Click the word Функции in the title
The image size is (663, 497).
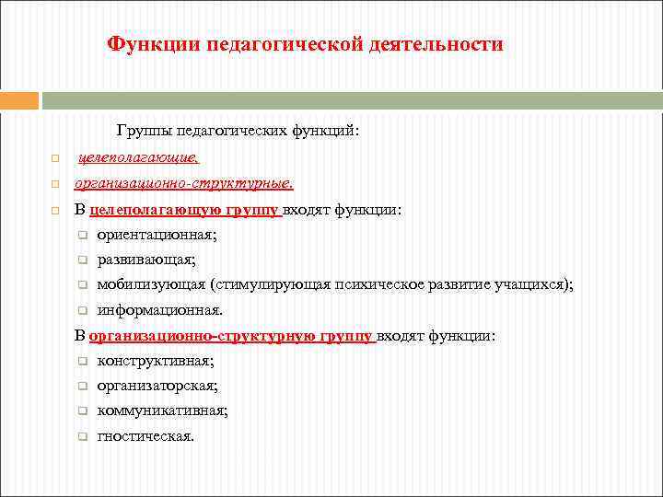click(x=153, y=44)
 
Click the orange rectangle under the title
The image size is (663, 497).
click(x=19, y=100)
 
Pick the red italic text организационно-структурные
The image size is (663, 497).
click(x=183, y=183)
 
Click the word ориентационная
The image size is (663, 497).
click(x=156, y=235)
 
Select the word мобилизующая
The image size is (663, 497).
click(x=150, y=285)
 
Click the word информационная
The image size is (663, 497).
click(x=158, y=310)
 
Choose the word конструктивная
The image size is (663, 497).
click(x=155, y=361)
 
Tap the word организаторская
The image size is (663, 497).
click(x=157, y=387)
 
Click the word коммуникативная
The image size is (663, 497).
click(x=162, y=411)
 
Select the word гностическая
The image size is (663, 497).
click(x=145, y=436)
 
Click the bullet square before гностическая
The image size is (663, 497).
click(x=81, y=437)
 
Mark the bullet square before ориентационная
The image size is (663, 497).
click(x=81, y=236)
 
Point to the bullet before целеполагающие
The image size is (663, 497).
click(x=54, y=160)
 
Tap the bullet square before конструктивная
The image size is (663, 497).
click(x=81, y=362)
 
